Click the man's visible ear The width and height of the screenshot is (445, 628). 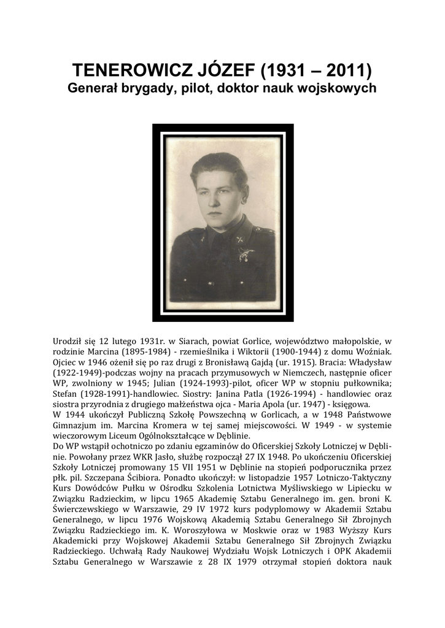point(243,199)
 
